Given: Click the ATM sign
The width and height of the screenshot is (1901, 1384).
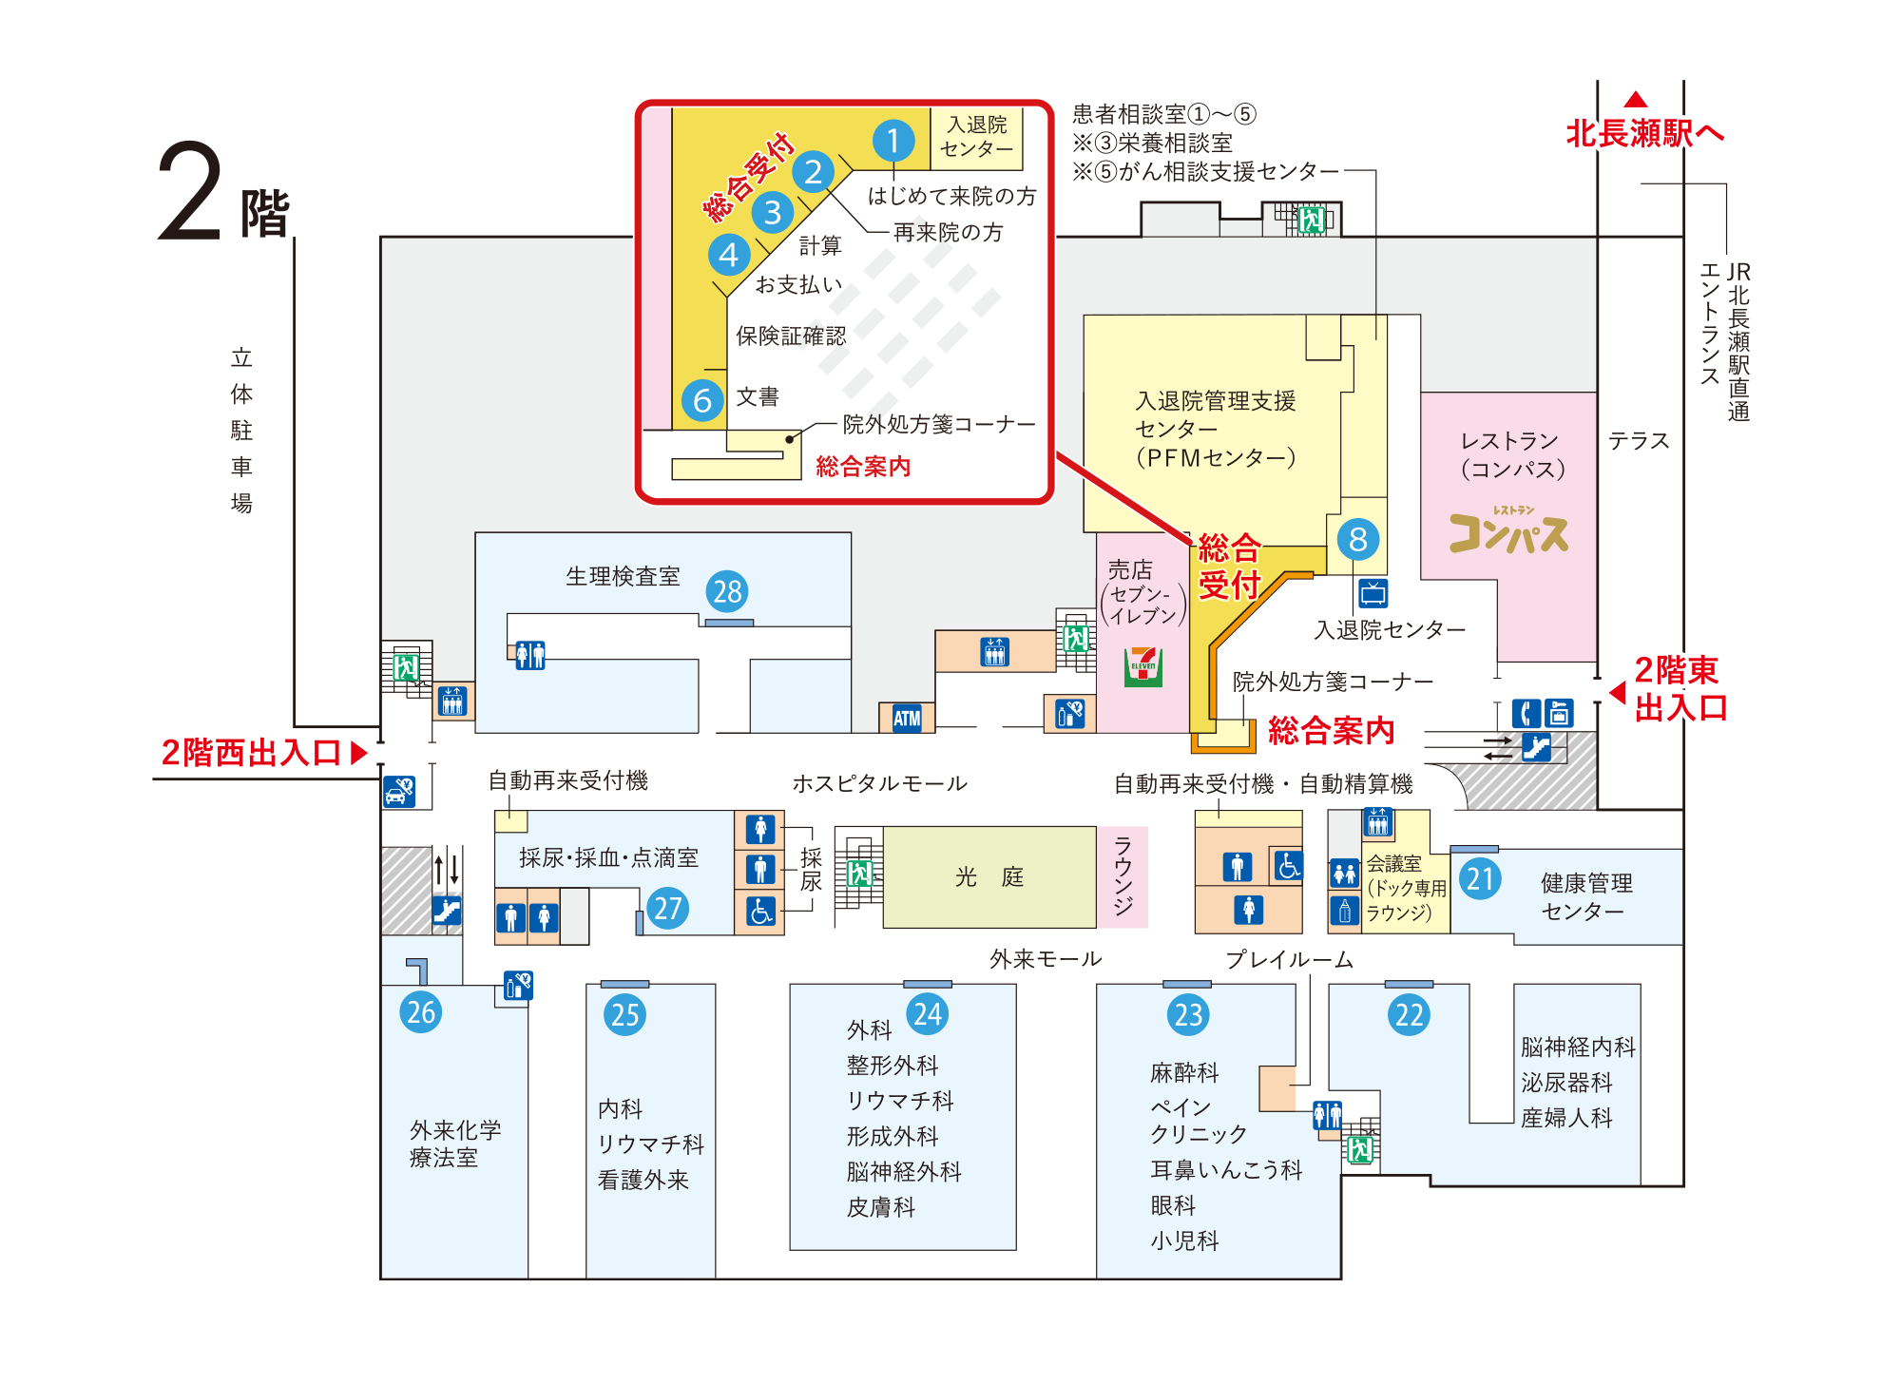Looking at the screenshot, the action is click(x=907, y=718).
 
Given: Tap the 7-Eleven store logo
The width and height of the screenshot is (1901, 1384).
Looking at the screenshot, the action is click(x=1143, y=666).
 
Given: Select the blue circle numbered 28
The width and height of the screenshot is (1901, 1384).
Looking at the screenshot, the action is click(x=727, y=591).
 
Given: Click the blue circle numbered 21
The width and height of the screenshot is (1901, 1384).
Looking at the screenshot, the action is click(x=1480, y=878).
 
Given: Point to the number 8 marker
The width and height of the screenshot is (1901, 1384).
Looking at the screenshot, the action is click(x=1358, y=539).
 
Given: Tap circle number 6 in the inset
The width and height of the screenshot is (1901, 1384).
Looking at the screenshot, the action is click(x=702, y=400).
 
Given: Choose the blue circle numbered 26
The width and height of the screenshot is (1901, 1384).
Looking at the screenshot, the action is click(x=421, y=1011).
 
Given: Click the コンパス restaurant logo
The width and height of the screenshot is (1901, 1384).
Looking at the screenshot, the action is click(x=1508, y=530).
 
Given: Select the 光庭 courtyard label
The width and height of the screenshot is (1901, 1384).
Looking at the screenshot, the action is click(x=989, y=876).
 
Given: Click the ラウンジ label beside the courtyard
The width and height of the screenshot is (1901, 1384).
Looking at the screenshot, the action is click(x=1123, y=875).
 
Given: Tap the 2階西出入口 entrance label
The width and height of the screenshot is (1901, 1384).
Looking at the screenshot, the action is click(x=251, y=753).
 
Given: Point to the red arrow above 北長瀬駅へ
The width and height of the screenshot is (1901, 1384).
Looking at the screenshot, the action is click(x=1636, y=99).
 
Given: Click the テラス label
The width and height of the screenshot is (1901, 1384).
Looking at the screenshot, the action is click(x=1639, y=440).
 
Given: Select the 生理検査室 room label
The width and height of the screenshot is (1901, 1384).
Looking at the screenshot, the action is click(x=623, y=576).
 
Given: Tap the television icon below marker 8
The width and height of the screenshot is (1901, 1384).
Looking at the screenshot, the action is click(x=1373, y=593).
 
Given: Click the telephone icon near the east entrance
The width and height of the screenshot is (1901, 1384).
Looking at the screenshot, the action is click(x=1527, y=713).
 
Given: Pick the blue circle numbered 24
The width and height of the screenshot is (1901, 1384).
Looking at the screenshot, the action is click(x=928, y=1014).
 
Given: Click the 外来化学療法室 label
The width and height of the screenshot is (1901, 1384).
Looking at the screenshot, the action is click(x=455, y=1144).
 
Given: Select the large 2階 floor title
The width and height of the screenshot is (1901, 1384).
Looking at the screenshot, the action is click(x=223, y=193).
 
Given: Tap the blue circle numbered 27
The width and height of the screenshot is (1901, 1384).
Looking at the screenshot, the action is click(x=668, y=908).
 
